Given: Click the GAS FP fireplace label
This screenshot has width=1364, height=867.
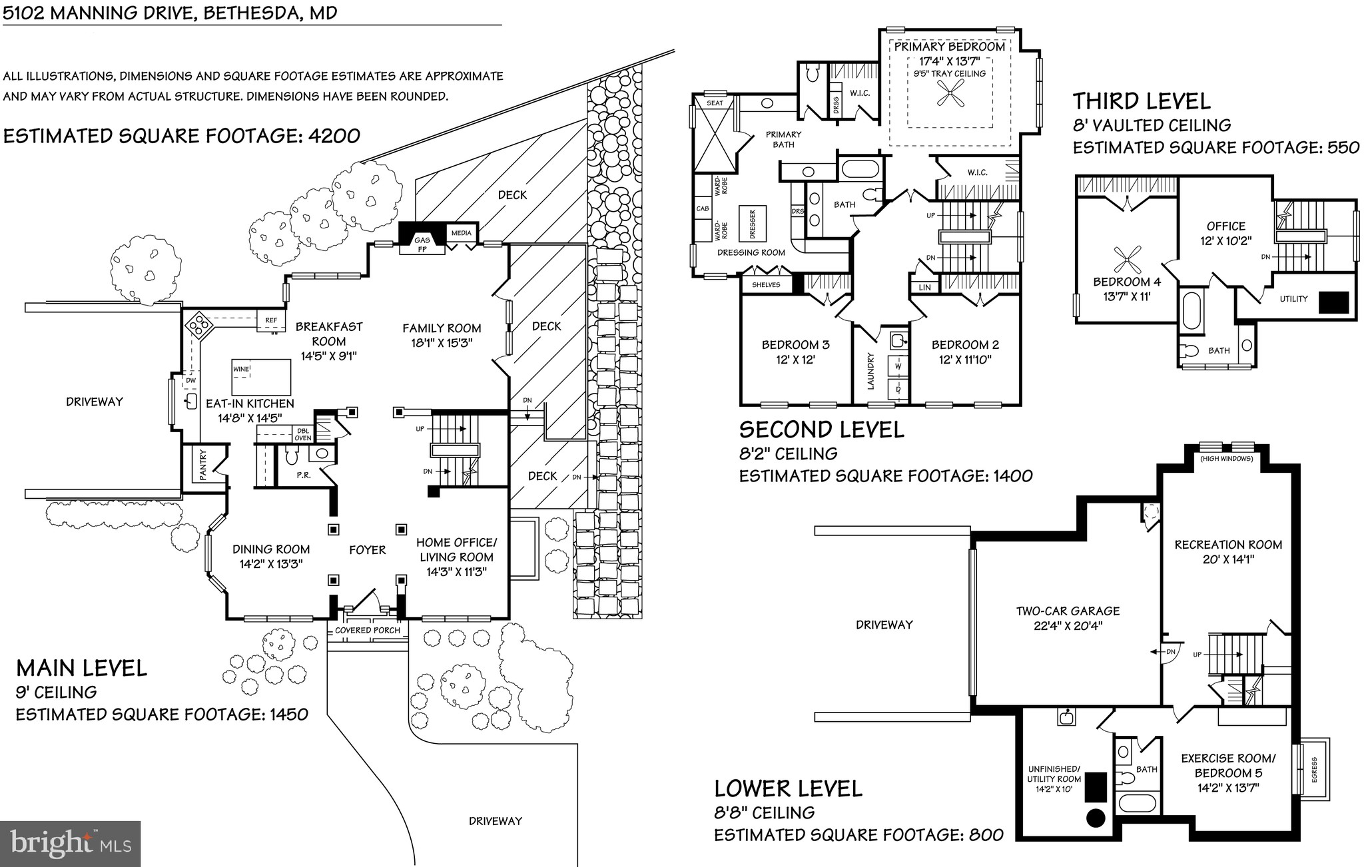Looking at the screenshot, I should pos(422,244).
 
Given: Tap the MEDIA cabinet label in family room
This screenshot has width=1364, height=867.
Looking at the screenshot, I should pos(461,233).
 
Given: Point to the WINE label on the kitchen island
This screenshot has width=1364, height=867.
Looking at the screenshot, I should pos(240,369).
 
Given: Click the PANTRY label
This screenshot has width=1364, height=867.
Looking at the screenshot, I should pos(203,465).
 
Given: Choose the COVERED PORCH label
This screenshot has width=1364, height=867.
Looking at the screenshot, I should pos(368,630).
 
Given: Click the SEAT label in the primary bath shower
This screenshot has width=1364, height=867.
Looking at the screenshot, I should pos(715,103).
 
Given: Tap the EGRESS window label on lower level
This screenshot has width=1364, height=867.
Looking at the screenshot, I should pos(1314,770).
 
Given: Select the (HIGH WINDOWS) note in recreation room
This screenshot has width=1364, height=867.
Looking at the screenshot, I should pos(1226,459).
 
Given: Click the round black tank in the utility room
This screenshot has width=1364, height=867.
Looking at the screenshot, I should pos(1096,817).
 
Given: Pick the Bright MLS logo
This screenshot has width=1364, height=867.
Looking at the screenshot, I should pos(70,844).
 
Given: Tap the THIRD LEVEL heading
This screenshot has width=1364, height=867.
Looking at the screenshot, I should pos(1141,101).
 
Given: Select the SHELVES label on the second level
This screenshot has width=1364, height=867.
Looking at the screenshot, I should pos(766,284).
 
